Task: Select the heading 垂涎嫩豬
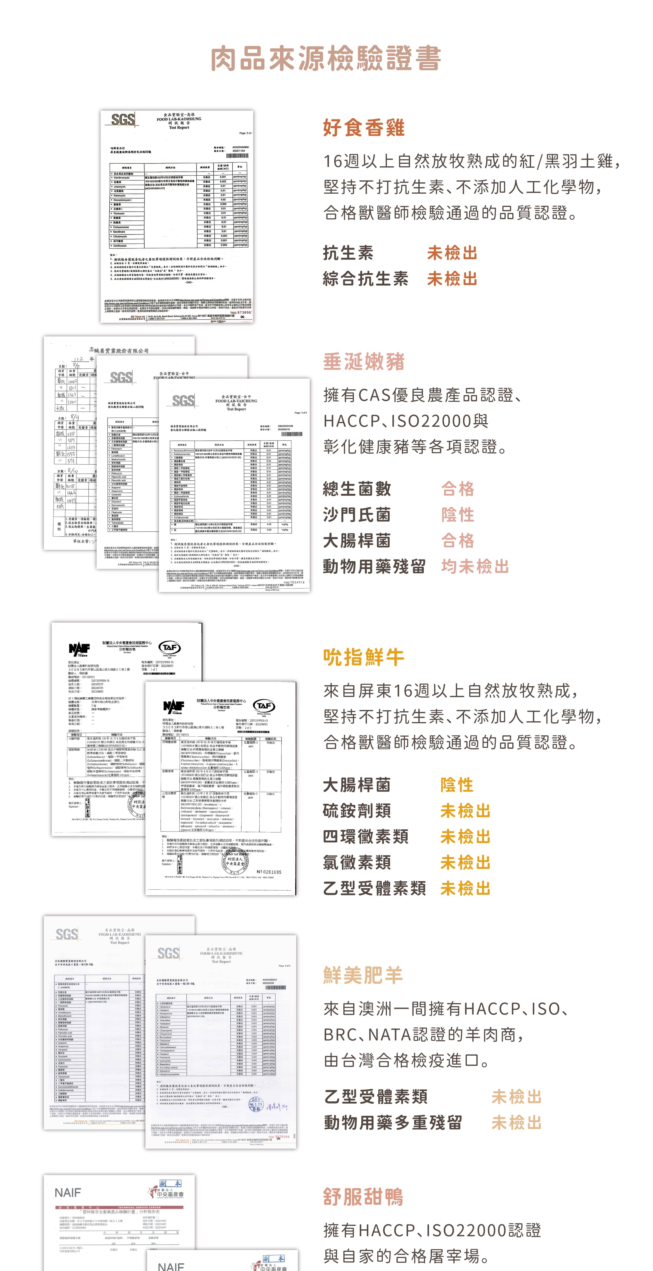click(364, 362)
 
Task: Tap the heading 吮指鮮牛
click(364, 657)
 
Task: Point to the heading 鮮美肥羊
click(364, 975)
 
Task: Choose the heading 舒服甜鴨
click(364, 1196)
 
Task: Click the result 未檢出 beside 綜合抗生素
click(452, 279)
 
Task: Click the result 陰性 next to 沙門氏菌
click(458, 515)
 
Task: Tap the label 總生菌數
click(357, 489)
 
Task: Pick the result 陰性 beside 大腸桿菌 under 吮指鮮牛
click(457, 784)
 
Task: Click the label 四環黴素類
click(366, 836)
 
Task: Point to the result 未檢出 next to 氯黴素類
click(465, 863)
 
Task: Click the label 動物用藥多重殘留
click(393, 1123)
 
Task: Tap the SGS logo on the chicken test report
click(123, 120)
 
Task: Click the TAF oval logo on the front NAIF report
click(263, 706)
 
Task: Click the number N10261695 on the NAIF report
click(269, 872)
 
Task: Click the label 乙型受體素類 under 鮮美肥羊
click(376, 1096)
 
